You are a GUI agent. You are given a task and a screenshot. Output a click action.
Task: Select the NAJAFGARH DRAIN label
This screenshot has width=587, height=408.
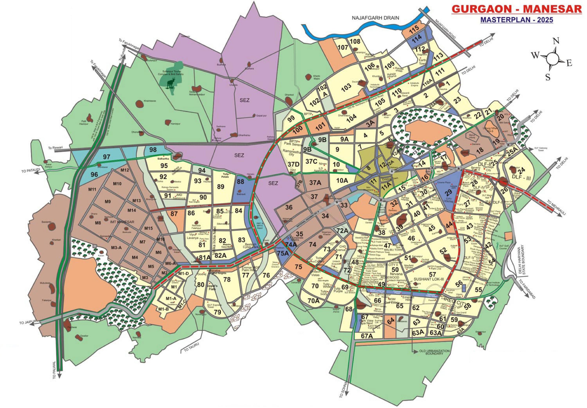375,18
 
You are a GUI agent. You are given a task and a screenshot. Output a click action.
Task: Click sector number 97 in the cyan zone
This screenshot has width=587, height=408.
106,157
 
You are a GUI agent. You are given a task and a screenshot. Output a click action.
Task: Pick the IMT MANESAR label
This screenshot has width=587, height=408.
122,222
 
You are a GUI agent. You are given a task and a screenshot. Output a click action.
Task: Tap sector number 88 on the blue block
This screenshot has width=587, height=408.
240,182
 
